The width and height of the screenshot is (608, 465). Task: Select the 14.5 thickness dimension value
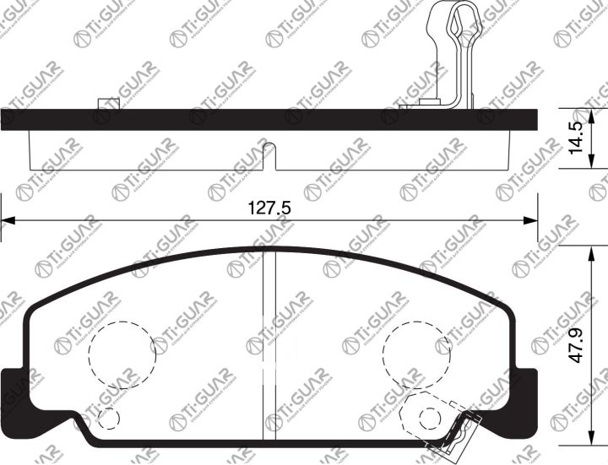pyautogui.click(x=575, y=138)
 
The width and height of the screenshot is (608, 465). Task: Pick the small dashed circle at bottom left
pyautogui.click(x=108, y=419)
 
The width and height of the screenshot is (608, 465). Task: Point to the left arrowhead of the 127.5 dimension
pyautogui.click(x=7, y=221)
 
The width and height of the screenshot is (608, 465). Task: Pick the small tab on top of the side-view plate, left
pyautogui.click(x=107, y=103)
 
